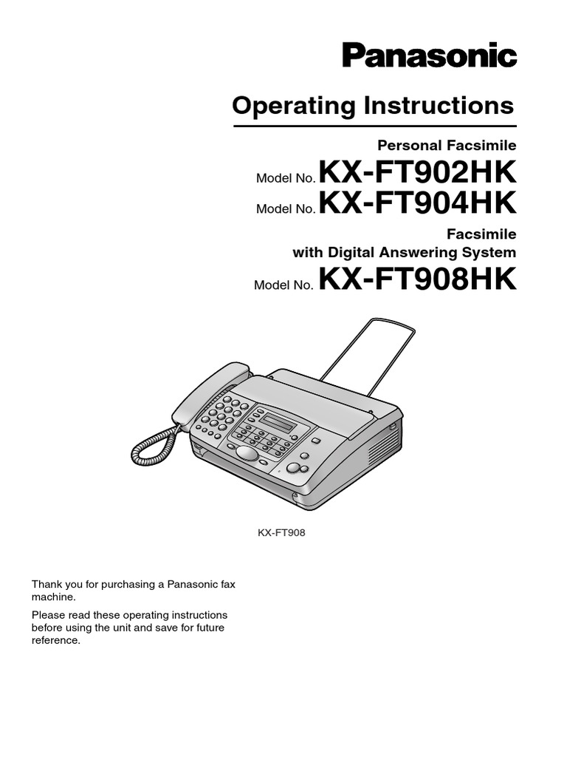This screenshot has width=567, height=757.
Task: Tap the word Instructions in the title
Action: point(438,106)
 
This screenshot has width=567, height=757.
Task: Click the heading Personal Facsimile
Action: point(457,145)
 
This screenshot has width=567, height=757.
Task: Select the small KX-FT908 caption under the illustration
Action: point(281,531)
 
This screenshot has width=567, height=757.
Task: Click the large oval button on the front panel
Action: point(247,453)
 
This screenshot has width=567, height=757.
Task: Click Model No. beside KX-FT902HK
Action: point(286,180)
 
